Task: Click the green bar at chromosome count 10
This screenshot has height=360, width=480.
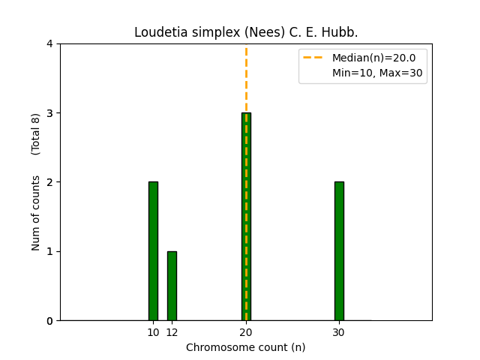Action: [153, 251]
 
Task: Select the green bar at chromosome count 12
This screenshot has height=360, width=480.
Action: [172, 286]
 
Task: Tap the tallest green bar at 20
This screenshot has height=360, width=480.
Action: [246, 217]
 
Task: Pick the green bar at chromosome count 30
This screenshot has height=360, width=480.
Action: [339, 251]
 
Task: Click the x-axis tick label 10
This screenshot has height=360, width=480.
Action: [153, 332]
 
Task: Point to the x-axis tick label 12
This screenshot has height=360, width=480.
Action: [172, 332]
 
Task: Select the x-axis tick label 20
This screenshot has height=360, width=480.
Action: [246, 332]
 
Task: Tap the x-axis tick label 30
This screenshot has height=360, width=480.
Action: [339, 332]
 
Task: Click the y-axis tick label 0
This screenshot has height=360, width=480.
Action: [49, 321]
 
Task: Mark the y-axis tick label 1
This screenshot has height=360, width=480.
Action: [49, 251]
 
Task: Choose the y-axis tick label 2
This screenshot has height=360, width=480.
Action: [49, 182]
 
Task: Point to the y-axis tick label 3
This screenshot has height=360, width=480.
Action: [49, 113]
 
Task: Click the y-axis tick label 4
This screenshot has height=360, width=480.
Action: [49, 43]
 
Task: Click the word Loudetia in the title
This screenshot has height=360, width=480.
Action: [157, 33]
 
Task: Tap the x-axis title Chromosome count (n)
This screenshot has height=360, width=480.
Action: [246, 347]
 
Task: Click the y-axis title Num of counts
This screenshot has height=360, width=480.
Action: [36, 212]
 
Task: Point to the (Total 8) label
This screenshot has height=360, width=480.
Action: [36, 133]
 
